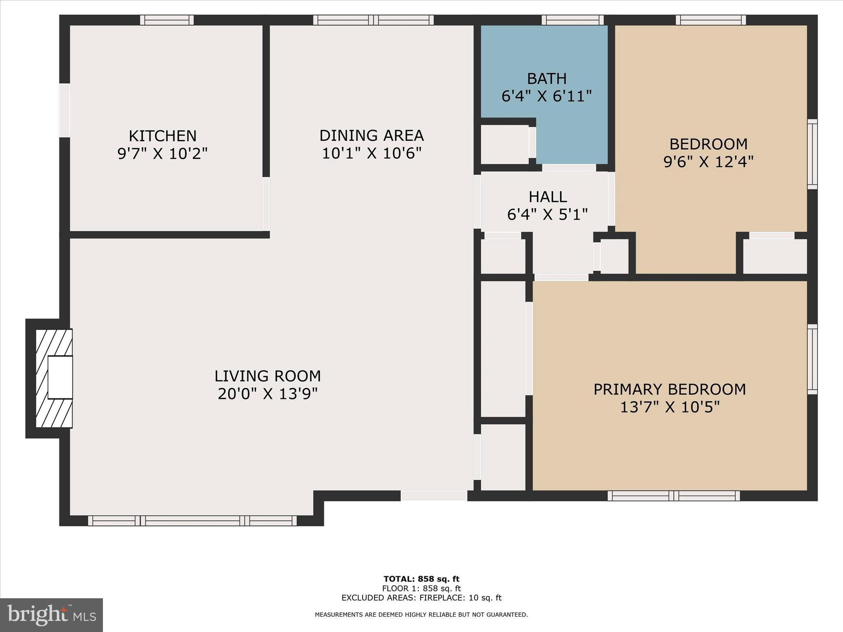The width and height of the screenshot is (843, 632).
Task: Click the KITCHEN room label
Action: [163, 136]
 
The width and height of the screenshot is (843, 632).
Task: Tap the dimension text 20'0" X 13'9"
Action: [268, 394]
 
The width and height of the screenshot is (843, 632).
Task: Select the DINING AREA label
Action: [371, 135]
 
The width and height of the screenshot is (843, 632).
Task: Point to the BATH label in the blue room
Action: [547, 78]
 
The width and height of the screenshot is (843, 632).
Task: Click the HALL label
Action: [547, 197]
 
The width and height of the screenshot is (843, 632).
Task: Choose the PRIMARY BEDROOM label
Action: [670, 389]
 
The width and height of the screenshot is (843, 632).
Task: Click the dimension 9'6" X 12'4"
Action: [708, 162]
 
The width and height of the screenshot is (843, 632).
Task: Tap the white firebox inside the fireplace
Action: [60, 377]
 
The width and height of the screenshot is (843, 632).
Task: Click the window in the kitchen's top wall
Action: [167, 20]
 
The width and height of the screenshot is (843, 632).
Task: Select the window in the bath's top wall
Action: [572, 20]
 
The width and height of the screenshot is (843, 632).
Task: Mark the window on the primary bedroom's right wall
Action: [812, 359]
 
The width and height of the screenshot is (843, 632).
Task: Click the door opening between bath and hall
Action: [569, 167]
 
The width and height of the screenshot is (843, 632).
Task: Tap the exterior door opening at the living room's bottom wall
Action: [434, 496]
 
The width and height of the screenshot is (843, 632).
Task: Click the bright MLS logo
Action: [51, 615]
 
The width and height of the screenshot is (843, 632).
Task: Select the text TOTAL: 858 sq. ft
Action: [421, 579]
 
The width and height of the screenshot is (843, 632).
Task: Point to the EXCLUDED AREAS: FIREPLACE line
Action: [421, 598]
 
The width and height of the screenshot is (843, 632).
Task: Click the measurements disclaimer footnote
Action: [421, 615]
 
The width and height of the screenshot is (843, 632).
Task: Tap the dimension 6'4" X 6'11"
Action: [547, 96]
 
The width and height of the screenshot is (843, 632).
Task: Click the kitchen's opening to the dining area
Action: [266, 204]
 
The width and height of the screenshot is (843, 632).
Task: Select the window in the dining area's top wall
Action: [373, 20]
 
